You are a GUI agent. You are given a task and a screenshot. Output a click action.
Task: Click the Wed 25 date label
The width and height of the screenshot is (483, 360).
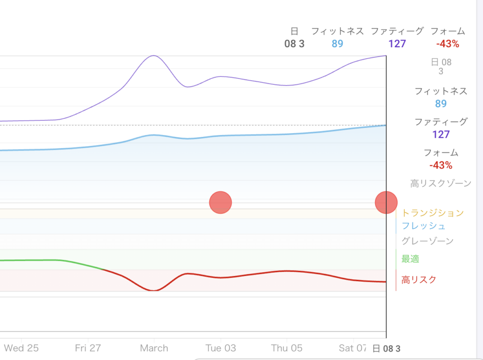(21, 348)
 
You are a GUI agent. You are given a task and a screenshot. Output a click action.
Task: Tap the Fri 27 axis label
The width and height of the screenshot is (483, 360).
(88, 348)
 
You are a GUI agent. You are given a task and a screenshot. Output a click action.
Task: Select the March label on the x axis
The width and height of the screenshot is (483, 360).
(154, 348)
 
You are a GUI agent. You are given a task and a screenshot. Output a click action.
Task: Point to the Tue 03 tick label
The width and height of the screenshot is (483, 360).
(221, 348)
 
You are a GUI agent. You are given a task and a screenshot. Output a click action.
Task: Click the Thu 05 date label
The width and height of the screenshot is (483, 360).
(287, 348)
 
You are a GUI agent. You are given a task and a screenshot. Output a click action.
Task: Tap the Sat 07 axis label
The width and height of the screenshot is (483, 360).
(353, 348)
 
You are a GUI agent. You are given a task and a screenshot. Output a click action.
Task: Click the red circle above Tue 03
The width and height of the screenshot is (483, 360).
(220, 202)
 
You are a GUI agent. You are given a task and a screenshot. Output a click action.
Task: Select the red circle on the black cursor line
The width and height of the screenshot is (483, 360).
(386, 202)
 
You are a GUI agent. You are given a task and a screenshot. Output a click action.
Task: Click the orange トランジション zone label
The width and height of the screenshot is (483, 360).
(433, 213)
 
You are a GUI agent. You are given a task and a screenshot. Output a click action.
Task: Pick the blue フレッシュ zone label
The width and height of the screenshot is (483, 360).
(424, 226)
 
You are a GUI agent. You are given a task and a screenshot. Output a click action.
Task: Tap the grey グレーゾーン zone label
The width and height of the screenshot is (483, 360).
(427, 241)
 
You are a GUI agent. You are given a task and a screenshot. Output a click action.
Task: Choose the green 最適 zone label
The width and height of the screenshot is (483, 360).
(410, 259)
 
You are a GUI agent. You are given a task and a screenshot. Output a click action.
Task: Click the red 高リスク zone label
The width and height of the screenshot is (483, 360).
(419, 280)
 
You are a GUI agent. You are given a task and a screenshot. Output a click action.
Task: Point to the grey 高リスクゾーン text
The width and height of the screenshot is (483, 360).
(441, 184)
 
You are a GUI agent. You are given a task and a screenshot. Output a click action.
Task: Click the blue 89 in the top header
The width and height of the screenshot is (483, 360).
(337, 44)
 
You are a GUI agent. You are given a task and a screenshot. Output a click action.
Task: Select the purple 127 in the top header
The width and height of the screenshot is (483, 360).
(397, 44)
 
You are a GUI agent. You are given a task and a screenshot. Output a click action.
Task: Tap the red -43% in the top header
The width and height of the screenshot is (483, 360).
(448, 44)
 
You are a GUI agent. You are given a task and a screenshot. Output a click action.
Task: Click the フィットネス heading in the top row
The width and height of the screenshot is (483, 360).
(337, 31)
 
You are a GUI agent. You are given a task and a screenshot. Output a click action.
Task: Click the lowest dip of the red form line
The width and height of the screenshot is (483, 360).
(153, 290)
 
